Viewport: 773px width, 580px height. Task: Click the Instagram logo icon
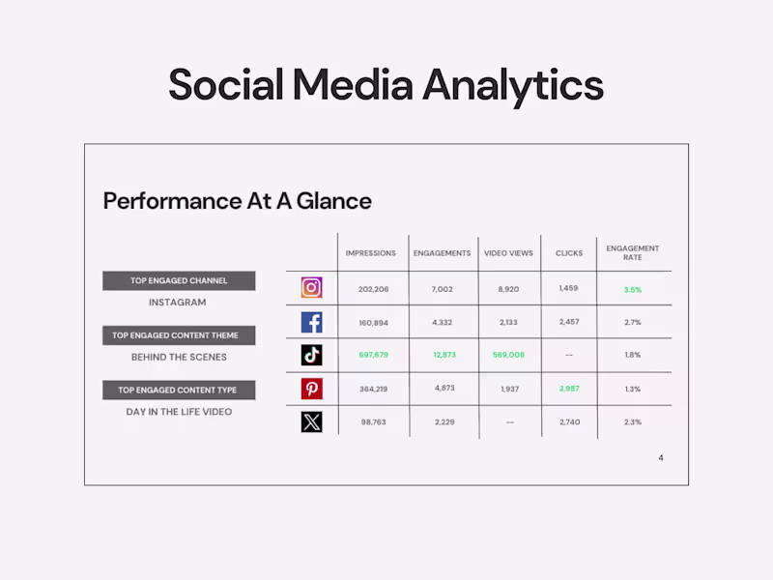coord(311,288)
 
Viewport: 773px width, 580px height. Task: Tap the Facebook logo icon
coord(311,322)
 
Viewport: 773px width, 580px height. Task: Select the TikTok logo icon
coord(311,355)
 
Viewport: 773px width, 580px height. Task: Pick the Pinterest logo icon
coord(311,389)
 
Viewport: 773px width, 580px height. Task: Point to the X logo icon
coord(311,421)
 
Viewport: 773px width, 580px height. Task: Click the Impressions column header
coord(371,253)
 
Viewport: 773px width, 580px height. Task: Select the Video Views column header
coord(508,253)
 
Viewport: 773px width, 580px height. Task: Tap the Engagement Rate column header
coord(633,252)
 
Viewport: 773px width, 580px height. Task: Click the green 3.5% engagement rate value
coord(633,289)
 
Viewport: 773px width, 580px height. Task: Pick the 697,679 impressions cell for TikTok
coord(373,355)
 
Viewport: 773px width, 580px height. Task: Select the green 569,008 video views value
coord(508,355)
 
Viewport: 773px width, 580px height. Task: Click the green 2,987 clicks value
coord(569,388)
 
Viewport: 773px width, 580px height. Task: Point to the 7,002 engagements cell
coord(442,289)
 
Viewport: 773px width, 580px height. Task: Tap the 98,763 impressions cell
coord(373,421)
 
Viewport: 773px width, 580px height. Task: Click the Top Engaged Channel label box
coord(179,281)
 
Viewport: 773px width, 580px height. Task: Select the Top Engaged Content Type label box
coord(179,391)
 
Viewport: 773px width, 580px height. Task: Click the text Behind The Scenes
coord(179,357)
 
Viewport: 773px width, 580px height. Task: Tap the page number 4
coord(661,457)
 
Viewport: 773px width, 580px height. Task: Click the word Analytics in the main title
coord(512,85)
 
